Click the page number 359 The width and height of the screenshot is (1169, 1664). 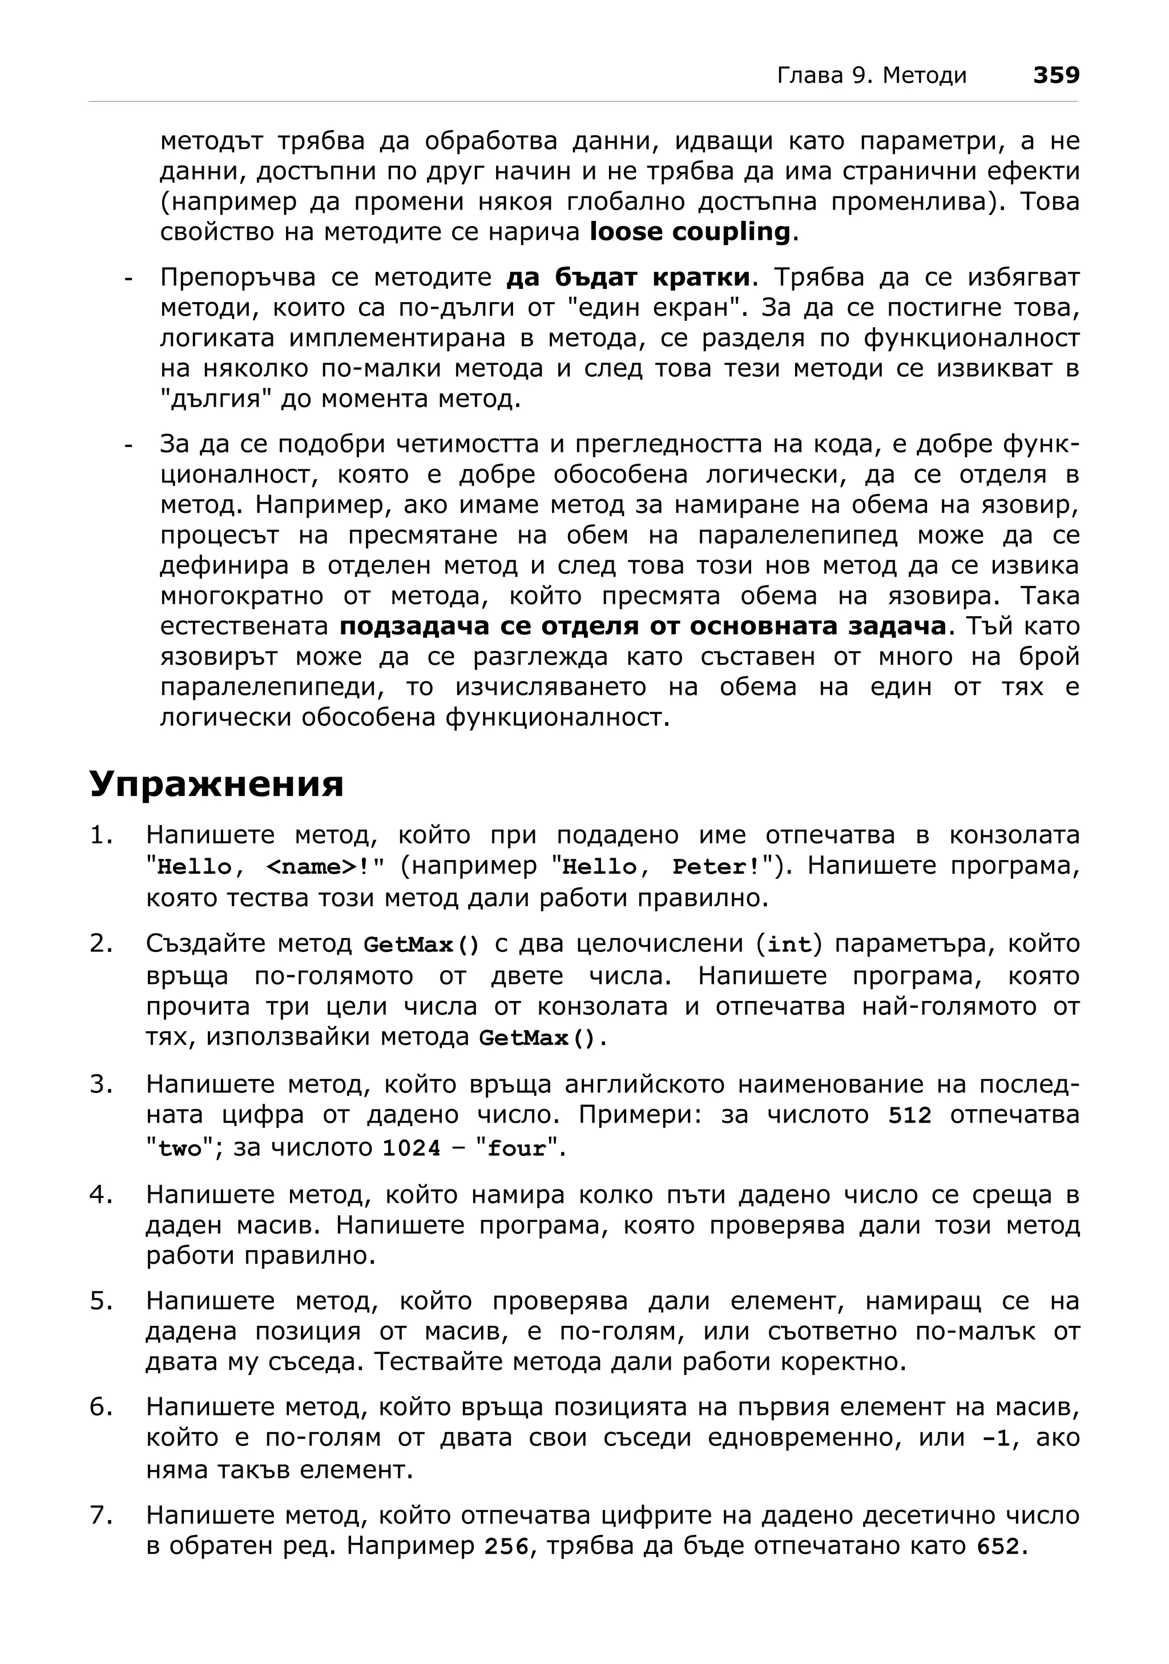[x=1055, y=75]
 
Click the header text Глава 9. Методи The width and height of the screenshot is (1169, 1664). [x=871, y=75]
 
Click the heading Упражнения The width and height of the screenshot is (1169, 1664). [x=216, y=783]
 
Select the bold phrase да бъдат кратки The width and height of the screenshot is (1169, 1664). [x=627, y=278]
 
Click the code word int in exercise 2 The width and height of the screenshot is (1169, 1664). [x=789, y=946]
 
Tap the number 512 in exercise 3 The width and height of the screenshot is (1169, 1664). [x=910, y=1116]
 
